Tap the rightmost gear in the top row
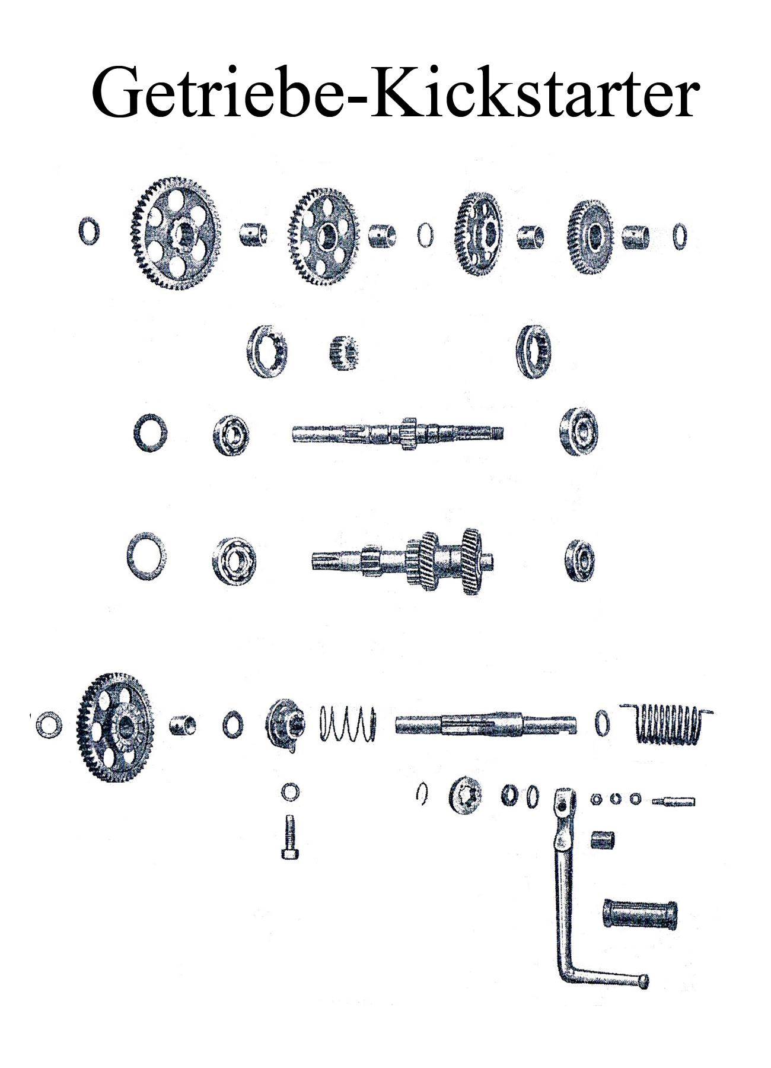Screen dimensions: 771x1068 (x=591, y=237)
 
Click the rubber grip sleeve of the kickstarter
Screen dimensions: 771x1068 (x=640, y=914)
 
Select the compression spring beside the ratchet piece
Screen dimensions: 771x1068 (x=348, y=723)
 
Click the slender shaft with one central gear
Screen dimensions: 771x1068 (x=398, y=433)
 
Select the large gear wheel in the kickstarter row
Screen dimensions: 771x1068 (x=114, y=727)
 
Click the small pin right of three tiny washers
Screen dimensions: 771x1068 (x=673, y=802)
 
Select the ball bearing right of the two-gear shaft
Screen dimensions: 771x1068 (x=579, y=561)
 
